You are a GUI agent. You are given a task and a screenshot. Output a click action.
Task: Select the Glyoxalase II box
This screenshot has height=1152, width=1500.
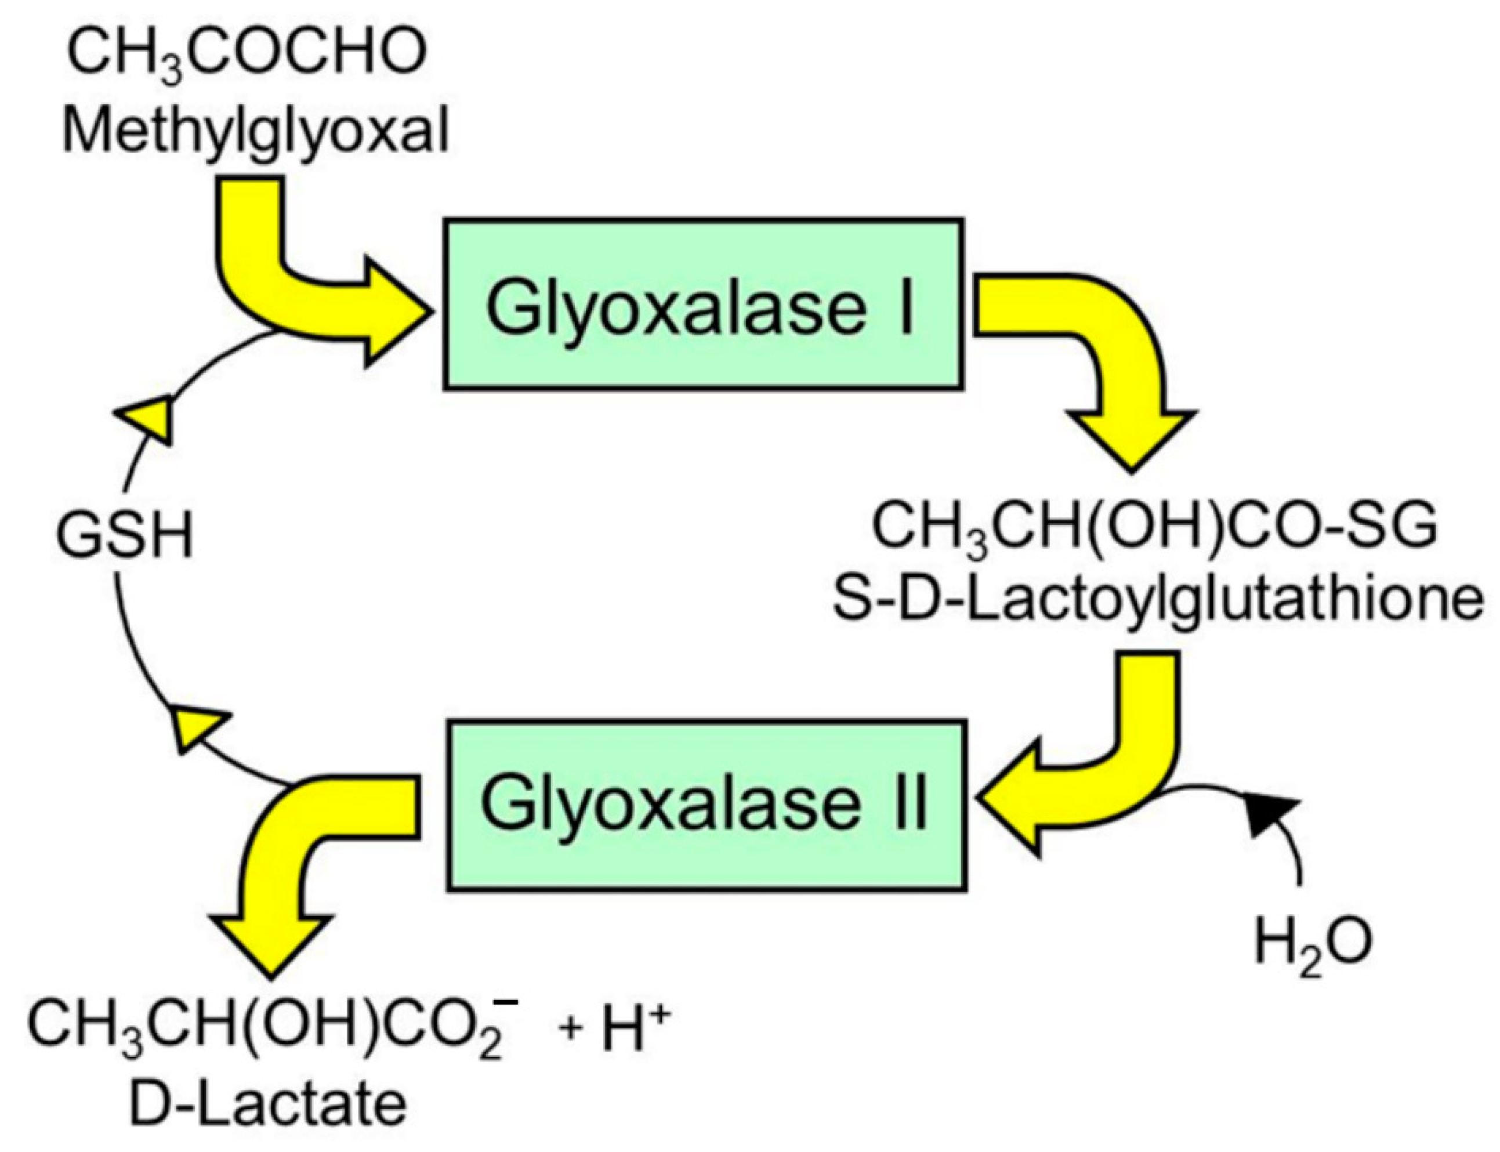(x=706, y=805)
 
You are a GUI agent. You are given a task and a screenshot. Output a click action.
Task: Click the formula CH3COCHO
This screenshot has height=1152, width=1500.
(x=247, y=55)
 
